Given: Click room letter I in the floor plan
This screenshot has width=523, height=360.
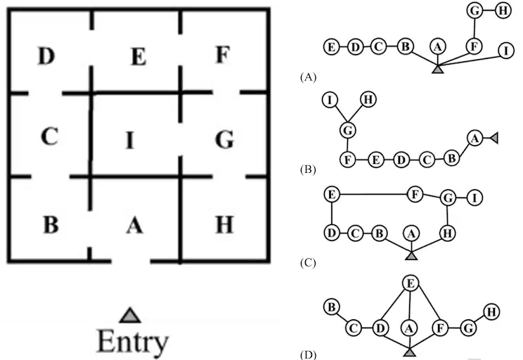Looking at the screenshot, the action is (x=130, y=141).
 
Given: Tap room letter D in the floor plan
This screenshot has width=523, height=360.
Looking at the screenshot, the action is (x=46, y=56).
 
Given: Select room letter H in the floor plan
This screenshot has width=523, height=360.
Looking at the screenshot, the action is (x=224, y=224).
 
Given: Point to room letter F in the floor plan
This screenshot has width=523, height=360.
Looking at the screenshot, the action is (x=223, y=54).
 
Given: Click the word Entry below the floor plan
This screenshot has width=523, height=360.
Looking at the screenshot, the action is (x=133, y=340).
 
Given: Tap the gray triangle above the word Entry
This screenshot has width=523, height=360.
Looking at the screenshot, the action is (x=130, y=315).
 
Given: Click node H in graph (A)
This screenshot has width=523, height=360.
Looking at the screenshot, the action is (x=503, y=11).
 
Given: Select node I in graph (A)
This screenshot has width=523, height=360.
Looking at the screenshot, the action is (x=506, y=51).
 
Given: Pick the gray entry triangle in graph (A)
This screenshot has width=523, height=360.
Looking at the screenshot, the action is (x=438, y=69).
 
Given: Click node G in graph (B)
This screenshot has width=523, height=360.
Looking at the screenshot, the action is (x=347, y=130).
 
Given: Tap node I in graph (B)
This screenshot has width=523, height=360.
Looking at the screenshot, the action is (x=330, y=100).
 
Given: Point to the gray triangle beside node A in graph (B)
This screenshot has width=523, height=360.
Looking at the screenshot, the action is (x=494, y=138).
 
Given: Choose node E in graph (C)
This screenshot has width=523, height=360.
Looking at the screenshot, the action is (x=332, y=194).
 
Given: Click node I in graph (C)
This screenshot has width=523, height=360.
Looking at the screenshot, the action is (x=474, y=198).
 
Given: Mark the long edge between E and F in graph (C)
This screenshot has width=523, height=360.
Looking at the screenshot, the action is (x=373, y=194).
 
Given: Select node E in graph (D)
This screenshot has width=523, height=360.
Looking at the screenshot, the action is (x=411, y=283).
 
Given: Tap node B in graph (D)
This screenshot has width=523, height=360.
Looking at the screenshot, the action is (x=332, y=307).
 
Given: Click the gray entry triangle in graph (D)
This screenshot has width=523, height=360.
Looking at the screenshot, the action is (x=410, y=352).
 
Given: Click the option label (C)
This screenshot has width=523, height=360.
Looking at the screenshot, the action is (x=308, y=263).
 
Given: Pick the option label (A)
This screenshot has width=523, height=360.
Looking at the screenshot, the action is (x=308, y=77).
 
